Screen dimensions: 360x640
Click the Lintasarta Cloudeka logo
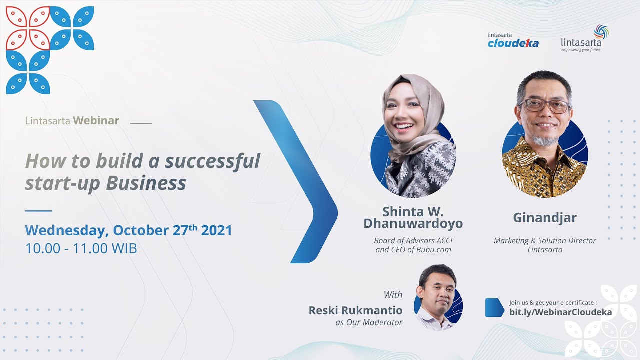513,41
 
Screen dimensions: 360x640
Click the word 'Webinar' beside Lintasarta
96,120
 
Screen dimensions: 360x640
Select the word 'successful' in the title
212,161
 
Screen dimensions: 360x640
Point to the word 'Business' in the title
146,183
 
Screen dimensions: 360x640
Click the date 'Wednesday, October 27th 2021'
128,230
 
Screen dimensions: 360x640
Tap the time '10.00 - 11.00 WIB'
81,248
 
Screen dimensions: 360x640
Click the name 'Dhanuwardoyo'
413,223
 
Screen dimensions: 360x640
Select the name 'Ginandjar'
545,218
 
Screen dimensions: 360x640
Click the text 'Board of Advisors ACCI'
413,240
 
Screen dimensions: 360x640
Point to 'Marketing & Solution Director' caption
545,240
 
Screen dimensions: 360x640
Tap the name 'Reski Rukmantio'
355,310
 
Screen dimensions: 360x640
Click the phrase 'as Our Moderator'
369,322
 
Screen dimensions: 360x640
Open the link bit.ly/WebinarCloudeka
560,312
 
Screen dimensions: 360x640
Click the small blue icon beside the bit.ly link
494,307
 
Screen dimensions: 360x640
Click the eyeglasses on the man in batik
545,106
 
